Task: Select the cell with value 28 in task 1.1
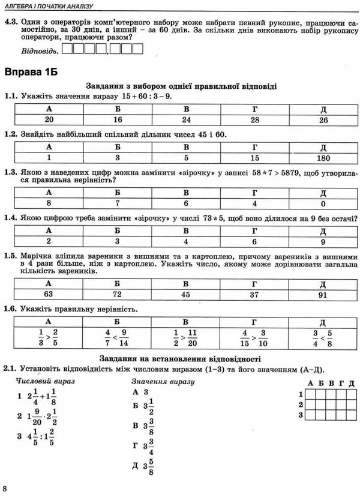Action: (x=255, y=120)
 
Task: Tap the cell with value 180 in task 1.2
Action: (x=323, y=158)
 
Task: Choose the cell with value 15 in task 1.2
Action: (x=255, y=158)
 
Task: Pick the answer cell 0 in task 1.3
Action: (x=323, y=203)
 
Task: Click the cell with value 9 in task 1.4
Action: (x=323, y=241)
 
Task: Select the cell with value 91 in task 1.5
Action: (x=323, y=294)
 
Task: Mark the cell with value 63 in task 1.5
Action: (x=50, y=294)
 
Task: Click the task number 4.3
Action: (x=11, y=23)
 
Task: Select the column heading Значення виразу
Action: (x=163, y=382)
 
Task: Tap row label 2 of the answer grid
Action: (x=300, y=404)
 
